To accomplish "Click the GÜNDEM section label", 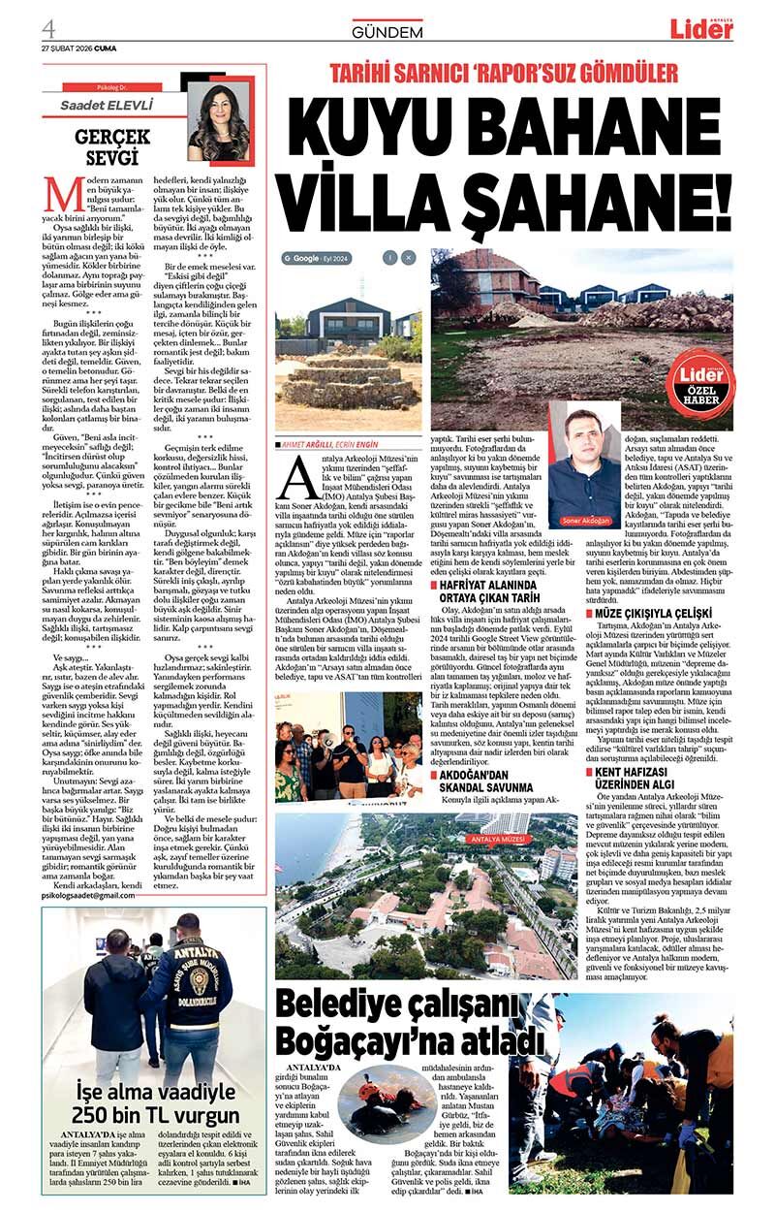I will (x=387, y=31).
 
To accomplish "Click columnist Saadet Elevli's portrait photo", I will (x=219, y=120).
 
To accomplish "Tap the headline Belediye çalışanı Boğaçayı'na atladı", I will (x=407, y=1023).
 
